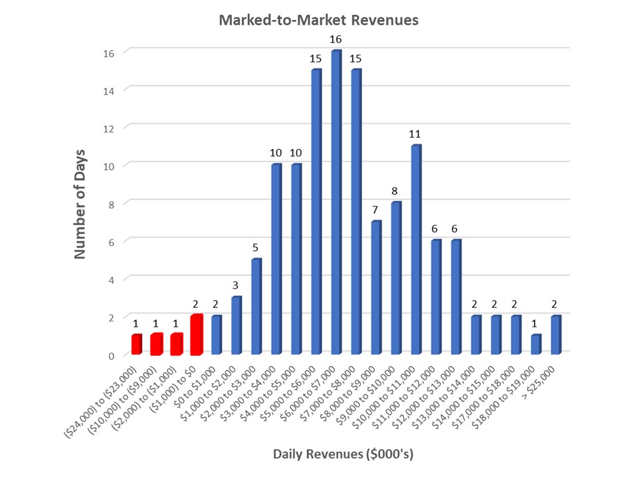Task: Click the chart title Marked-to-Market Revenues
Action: click(x=318, y=20)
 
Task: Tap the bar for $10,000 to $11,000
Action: click(x=415, y=249)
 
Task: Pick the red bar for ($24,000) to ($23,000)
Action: click(x=136, y=345)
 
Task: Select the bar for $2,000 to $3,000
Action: click(x=256, y=306)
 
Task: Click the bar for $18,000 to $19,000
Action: click(x=536, y=344)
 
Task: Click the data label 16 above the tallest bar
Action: click(x=336, y=39)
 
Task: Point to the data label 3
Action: click(x=236, y=285)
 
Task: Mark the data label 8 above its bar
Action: click(x=395, y=190)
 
